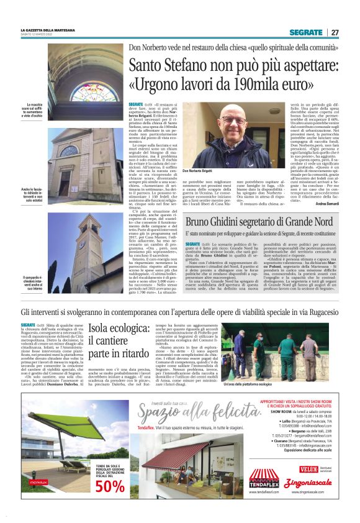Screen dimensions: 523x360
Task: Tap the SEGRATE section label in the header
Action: pos(305,32)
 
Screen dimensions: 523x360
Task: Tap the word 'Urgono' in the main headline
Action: pos(153,84)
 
